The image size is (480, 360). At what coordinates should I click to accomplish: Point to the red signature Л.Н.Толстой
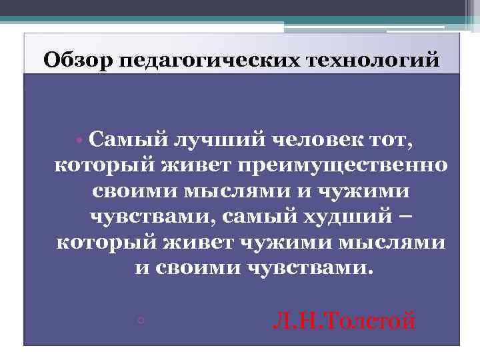343,323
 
